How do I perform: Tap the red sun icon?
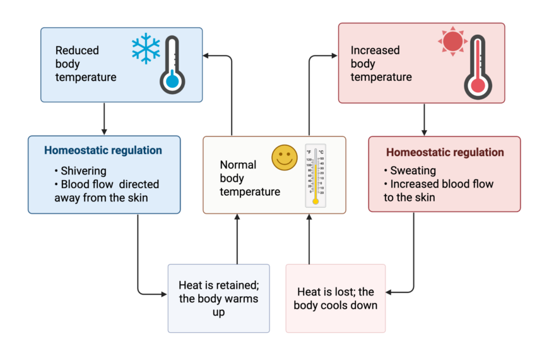[x=452, y=42]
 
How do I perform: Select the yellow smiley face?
[x=285, y=157]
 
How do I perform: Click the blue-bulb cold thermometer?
[x=172, y=65]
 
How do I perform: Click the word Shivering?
[x=83, y=171]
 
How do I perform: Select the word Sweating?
[x=413, y=171]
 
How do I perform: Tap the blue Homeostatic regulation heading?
[x=103, y=150]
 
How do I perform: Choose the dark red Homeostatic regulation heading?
[x=445, y=152]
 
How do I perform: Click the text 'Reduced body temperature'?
[x=86, y=64]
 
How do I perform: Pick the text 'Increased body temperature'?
[x=381, y=64]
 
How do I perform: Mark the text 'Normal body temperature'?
[x=250, y=178]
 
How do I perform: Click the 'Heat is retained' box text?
[x=218, y=298]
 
